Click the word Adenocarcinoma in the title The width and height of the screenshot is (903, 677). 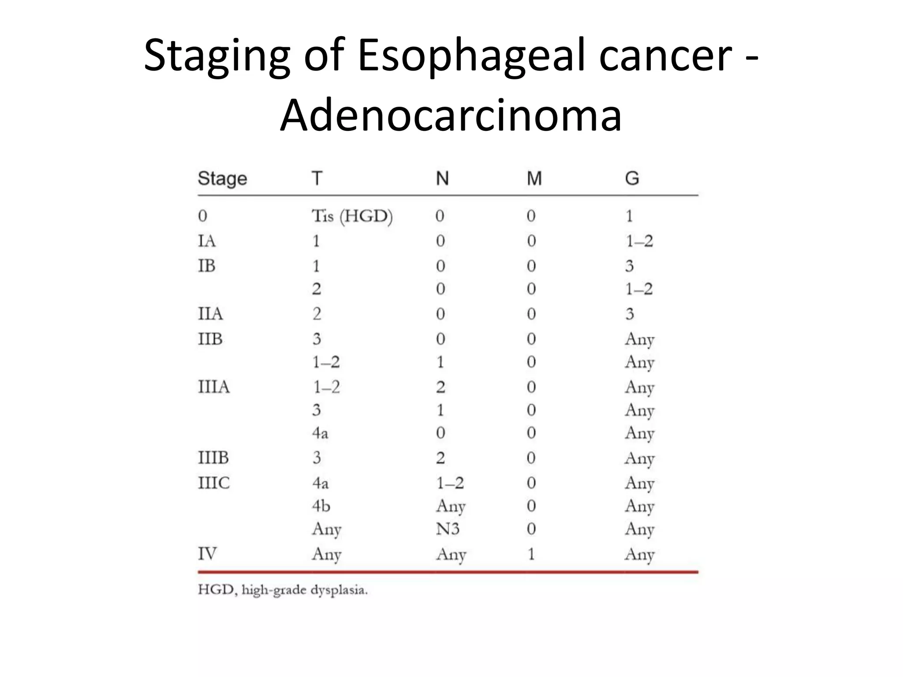[x=451, y=115]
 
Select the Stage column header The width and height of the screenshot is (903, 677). [x=222, y=179]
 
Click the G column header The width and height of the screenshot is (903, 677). [x=631, y=179]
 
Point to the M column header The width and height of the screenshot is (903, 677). [x=534, y=179]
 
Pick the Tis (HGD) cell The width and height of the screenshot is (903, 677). [x=352, y=216]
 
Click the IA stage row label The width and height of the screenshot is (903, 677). [x=206, y=241]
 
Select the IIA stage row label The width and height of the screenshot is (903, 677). [x=210, y=314]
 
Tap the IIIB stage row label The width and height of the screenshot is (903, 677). [x=213, y=458]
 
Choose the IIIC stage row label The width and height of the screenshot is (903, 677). [x=214, y=483]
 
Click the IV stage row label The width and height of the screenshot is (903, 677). [x=207, y=554]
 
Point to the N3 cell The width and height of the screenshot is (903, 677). [x=448, y=528]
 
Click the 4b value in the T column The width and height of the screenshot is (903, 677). [x=321, y=506]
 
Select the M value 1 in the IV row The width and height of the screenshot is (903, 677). [x=531, y=554]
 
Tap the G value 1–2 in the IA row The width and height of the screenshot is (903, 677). [x=639, y=241]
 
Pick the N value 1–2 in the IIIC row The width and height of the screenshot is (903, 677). [x=450, y=483]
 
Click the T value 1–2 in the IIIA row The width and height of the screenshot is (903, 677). [x=326, y=387]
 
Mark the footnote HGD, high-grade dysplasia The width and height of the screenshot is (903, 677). [x=283, y=590]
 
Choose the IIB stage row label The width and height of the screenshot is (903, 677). [x=210, y=339]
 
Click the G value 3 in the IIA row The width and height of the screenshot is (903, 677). [x=630, y=314]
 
